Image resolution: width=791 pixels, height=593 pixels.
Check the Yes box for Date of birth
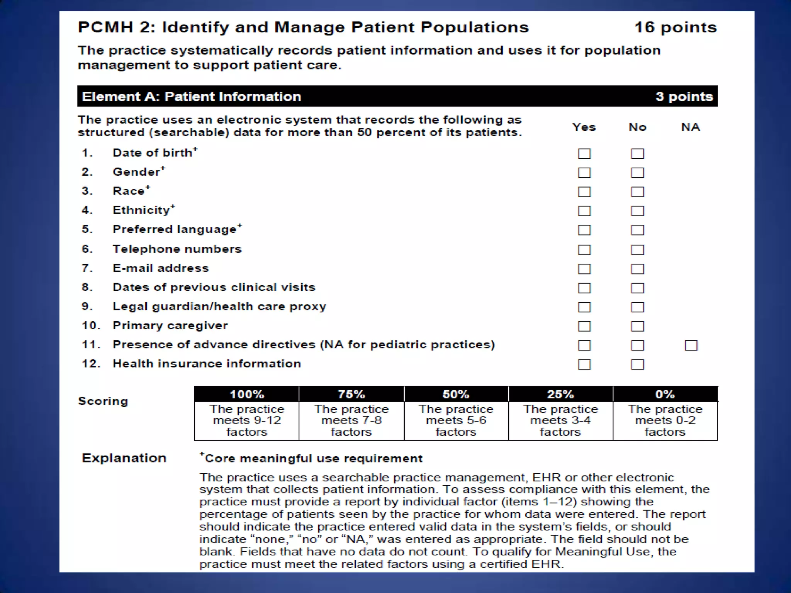coord(584,154)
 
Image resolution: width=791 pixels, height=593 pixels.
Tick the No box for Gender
coord(637,173)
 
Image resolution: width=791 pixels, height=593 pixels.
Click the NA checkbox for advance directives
coord(691,345)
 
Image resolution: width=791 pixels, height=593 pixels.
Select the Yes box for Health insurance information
coord(584,364)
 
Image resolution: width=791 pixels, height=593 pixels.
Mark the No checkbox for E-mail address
coord(637,269)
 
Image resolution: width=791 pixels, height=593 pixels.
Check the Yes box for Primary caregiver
coord(584,326)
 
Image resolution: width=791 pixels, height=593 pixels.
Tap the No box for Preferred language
coord(637,230)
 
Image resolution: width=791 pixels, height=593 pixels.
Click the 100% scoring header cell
coord(247,394)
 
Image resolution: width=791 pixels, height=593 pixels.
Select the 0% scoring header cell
coord(665,394)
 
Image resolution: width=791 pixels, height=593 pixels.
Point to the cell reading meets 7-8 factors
coord(351,420)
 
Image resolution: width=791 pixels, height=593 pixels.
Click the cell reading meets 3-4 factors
coord(560,420)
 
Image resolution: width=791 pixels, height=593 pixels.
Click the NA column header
coord(691,127)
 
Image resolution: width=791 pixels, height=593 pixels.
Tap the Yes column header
coord(584,127)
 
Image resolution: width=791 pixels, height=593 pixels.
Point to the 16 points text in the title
coord(676,27)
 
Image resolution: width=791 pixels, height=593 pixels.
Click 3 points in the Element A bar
coord(684,96)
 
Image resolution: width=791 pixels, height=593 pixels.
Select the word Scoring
coord(103,401)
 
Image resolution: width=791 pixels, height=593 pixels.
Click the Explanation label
coord(124,458)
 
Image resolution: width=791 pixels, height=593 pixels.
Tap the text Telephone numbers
coord(177,249)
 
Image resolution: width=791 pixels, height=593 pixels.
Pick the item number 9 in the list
coord(87,306)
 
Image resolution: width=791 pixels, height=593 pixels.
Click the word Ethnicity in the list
coord(141,210)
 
